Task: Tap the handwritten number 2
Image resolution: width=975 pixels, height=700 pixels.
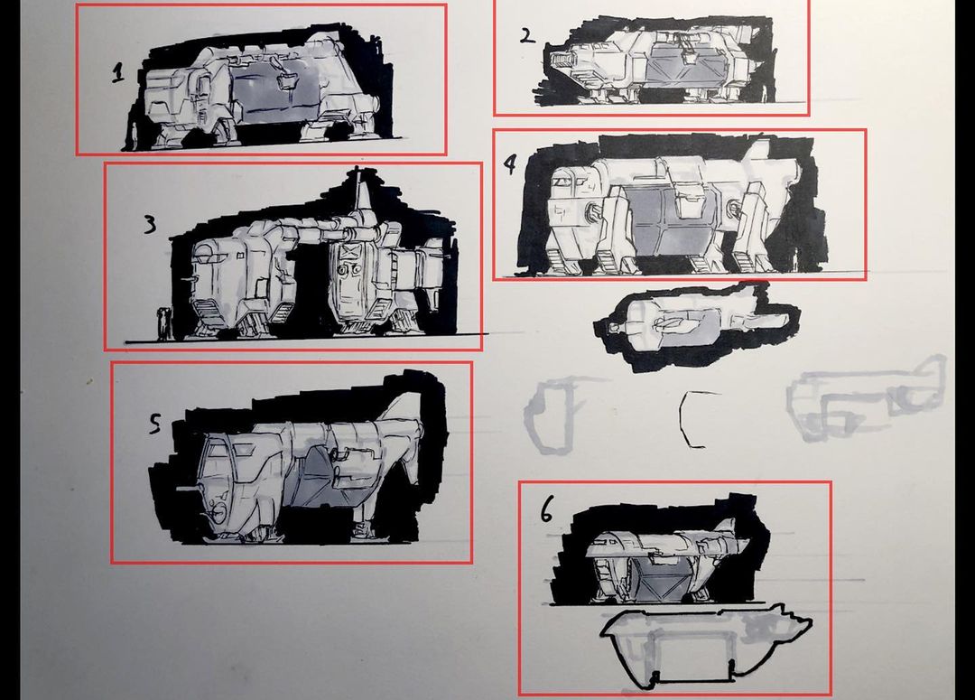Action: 526,36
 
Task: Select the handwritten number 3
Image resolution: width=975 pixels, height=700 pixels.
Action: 150,224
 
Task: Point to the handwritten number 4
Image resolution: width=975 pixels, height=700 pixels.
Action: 509,164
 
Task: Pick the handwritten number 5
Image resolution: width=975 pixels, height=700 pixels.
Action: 155,423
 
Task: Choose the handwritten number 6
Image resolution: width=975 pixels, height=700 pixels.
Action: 546,511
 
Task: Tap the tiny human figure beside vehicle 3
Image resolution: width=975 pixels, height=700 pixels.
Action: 163,323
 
